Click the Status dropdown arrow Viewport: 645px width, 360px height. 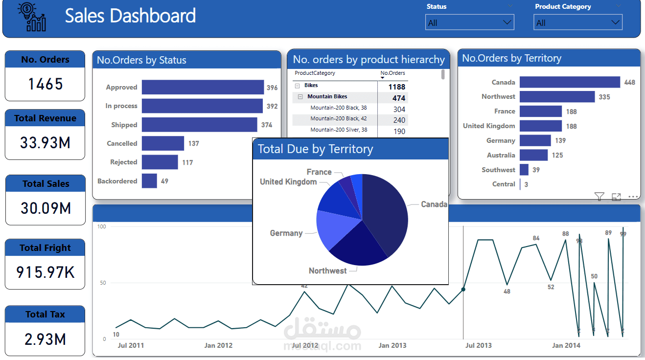click(507, 22)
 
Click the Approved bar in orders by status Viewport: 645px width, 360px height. click(203, 88)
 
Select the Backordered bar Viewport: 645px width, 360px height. click(149, 181)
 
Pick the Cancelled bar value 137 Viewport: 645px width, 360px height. click(193, 144)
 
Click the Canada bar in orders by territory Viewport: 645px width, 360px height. click(570, 82)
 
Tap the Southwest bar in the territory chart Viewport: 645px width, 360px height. click(524, 170)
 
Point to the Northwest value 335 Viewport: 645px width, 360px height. click(604, 97)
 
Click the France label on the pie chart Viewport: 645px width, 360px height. click(319, 172)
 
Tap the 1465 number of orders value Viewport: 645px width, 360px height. click(46, 84)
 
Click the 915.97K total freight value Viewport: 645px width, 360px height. click(46, 272)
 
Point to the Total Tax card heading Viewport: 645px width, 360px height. click(45, 315)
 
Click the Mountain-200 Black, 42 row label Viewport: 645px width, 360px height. click(338, 118)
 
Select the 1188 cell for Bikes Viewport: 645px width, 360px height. click(396, 87)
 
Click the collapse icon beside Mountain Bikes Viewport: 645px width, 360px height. click(300, 97)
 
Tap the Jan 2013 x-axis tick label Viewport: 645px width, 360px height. click(392, 345)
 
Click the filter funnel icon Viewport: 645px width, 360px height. click(599, 197)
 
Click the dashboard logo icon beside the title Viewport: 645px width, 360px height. click(32, 17)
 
